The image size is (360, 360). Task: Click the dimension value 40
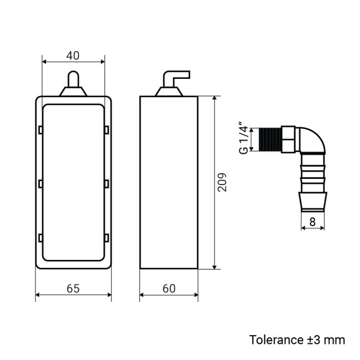tap(73, 55)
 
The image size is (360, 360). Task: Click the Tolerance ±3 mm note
tap(297, 339)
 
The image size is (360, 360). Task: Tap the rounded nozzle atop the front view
tap(73, 80)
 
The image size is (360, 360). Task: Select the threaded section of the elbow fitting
tap(270, 138)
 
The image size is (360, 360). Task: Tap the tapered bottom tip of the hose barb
tap(312, 201)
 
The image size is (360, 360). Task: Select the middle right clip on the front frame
tap(106, 183)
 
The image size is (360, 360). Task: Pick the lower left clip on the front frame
tap(41, 238)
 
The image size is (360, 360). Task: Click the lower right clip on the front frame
tap(106, 238)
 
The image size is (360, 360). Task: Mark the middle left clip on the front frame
tap(41, 183)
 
